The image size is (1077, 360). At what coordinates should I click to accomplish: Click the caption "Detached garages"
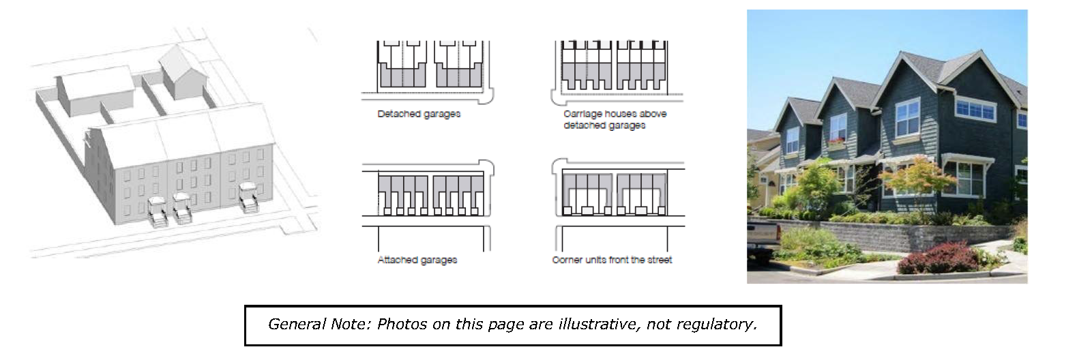[419, 114]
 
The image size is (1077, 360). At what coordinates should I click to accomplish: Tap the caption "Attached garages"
[417, 260]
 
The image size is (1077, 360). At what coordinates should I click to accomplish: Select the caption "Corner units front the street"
[612, 260]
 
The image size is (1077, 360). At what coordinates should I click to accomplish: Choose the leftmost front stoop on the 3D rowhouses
[156, 211]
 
